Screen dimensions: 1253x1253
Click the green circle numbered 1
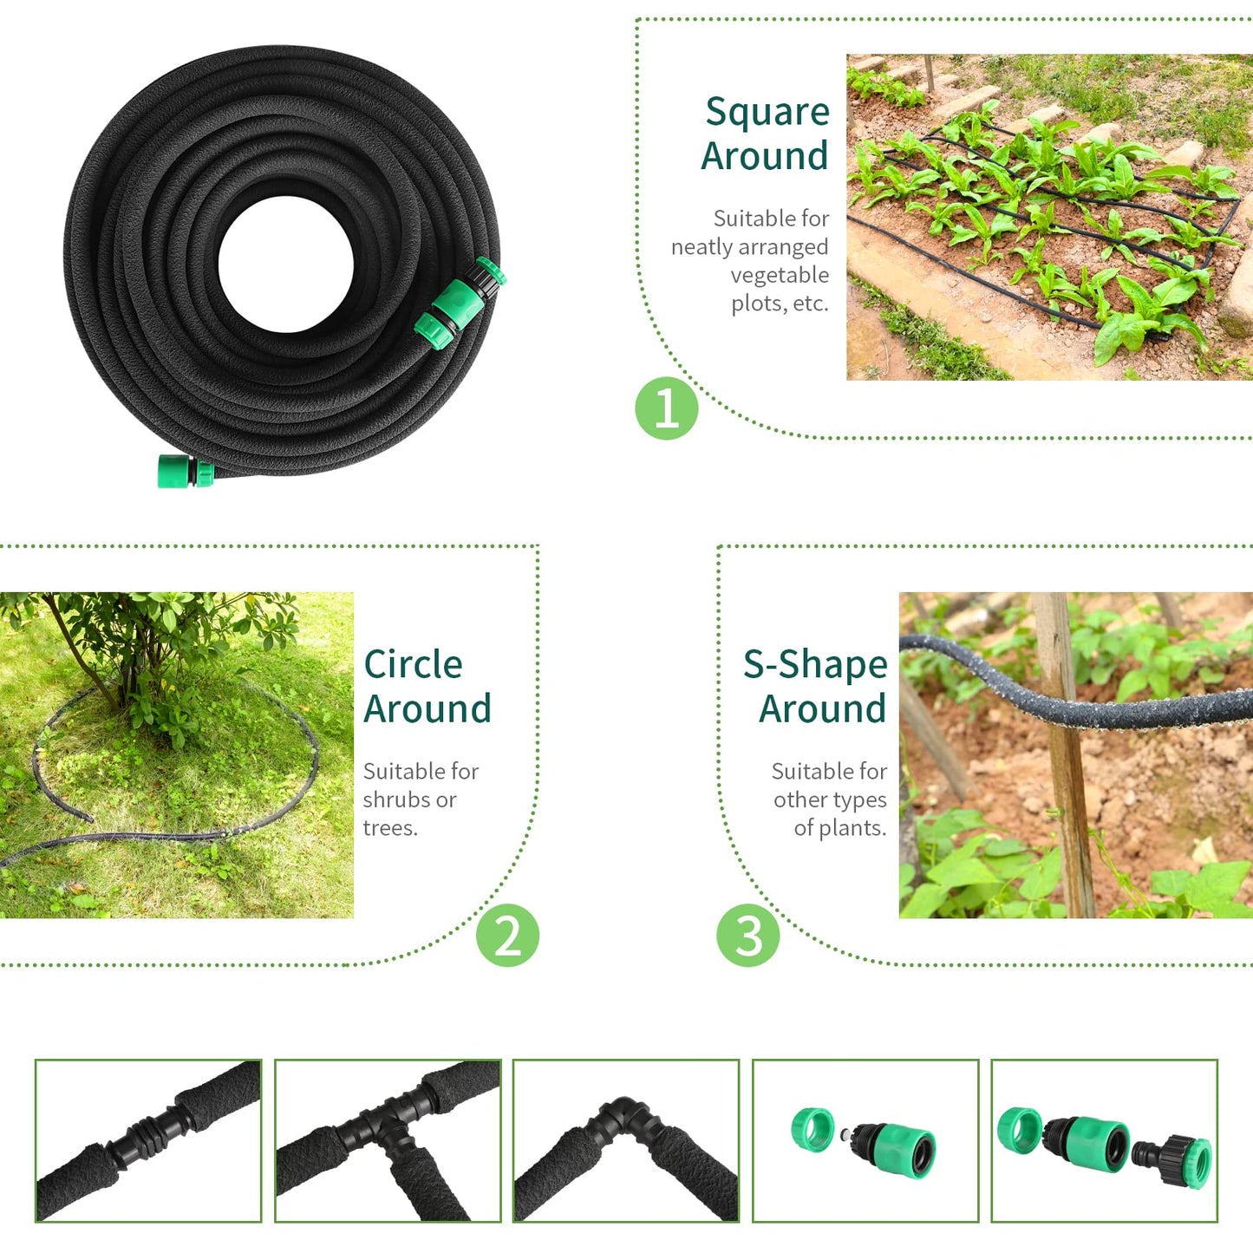666,408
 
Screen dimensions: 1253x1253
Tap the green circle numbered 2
507,936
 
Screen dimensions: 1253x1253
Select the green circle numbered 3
747,936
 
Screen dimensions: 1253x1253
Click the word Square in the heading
767,113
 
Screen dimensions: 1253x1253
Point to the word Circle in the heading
413,665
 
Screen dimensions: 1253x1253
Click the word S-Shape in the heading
815,665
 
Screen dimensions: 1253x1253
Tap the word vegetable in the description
779,276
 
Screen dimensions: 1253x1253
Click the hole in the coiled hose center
285,264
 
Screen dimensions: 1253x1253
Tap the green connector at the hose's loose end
184,471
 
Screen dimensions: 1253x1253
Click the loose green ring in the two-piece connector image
812,1129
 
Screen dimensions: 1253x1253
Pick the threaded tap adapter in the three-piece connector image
1176,1158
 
